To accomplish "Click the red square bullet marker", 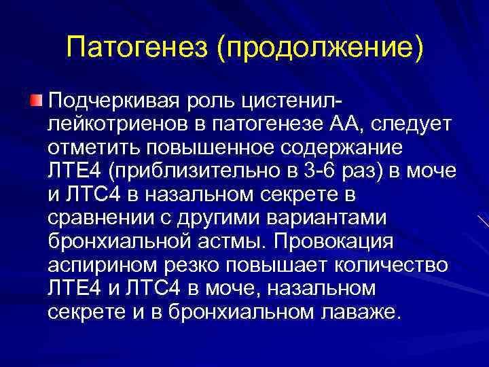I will (37, 101).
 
